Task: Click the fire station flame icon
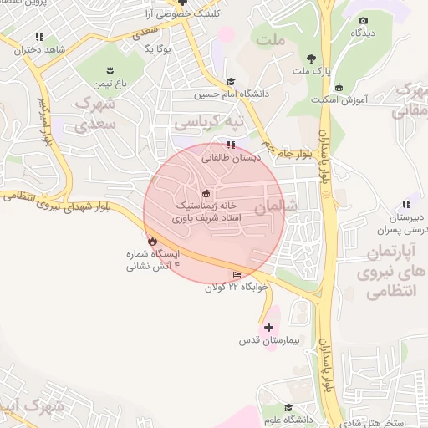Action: point(151,241)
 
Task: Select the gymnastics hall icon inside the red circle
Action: point(206,194)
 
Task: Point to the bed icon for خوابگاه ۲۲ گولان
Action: point(237,275)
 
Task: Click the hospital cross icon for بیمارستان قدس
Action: point(268,327)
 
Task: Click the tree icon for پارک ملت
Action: point(312,59)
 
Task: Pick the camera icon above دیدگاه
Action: point(362,20)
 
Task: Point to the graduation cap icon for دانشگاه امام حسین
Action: point(230,81)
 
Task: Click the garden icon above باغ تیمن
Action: point(110,69)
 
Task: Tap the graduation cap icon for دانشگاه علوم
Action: point(288,408)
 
